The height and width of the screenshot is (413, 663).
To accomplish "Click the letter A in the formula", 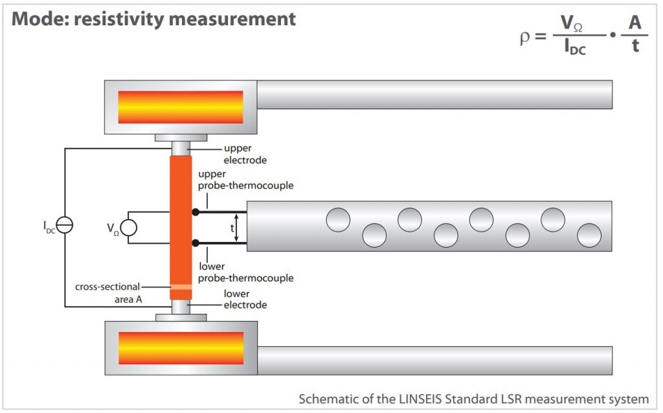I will click(x=636, y=23).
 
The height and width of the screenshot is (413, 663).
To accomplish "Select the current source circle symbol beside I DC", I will click(x=65, y=225).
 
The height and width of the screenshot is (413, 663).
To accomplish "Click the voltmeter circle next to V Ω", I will click(x=128, y=228).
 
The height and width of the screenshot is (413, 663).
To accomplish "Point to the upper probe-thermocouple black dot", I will click(x=196, y=212).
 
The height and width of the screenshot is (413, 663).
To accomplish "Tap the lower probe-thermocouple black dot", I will click(x=196, y=242).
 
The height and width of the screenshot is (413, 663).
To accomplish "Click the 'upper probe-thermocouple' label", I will click(x=246, y=180).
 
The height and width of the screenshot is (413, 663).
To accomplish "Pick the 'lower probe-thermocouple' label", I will click(x=246, y=272).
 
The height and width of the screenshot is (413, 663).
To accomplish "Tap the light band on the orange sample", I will click(x=181, y=287).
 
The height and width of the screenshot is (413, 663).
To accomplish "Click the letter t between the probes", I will click(x=231, y=228).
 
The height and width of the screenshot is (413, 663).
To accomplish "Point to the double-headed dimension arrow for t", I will click(x=237, y=228).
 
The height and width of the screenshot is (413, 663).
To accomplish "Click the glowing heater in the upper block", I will click(x=181, y=107).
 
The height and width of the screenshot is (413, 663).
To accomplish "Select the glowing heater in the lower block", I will click(x=181, y=348).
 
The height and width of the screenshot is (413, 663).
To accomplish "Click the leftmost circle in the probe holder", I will click(x=338, y=220).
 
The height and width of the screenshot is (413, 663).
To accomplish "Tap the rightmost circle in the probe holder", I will click(x=589, y=235).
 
